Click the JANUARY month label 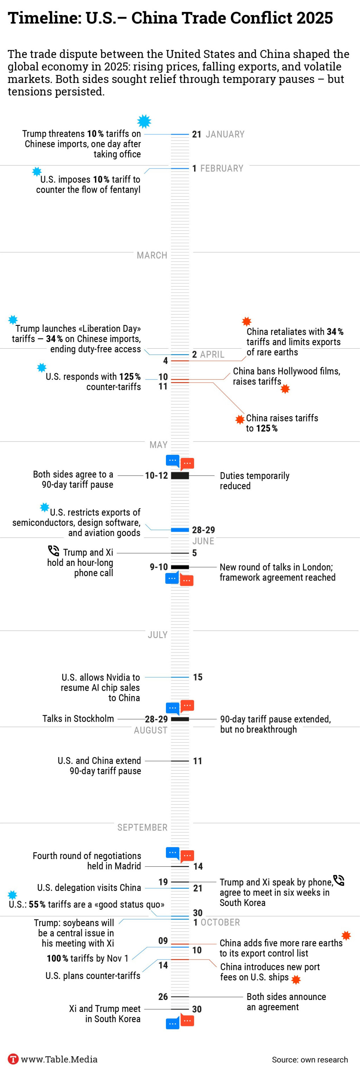coord(225,134)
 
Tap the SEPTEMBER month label coord(142,827)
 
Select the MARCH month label coord(152,255)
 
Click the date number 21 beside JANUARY coord(197,134)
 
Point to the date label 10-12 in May coord(156,476)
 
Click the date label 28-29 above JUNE coord(203,530)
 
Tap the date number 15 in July coord(198,677)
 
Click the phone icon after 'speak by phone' coord(339,880)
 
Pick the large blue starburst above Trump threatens coord(144,121)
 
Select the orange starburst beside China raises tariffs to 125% coord(240,419)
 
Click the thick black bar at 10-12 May coord(180,476)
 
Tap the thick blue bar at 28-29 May coord(180,530)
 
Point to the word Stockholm coord(95,719)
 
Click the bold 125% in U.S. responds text coord(130,377)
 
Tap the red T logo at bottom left coord(13,1059)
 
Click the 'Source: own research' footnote coord(310,1059)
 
